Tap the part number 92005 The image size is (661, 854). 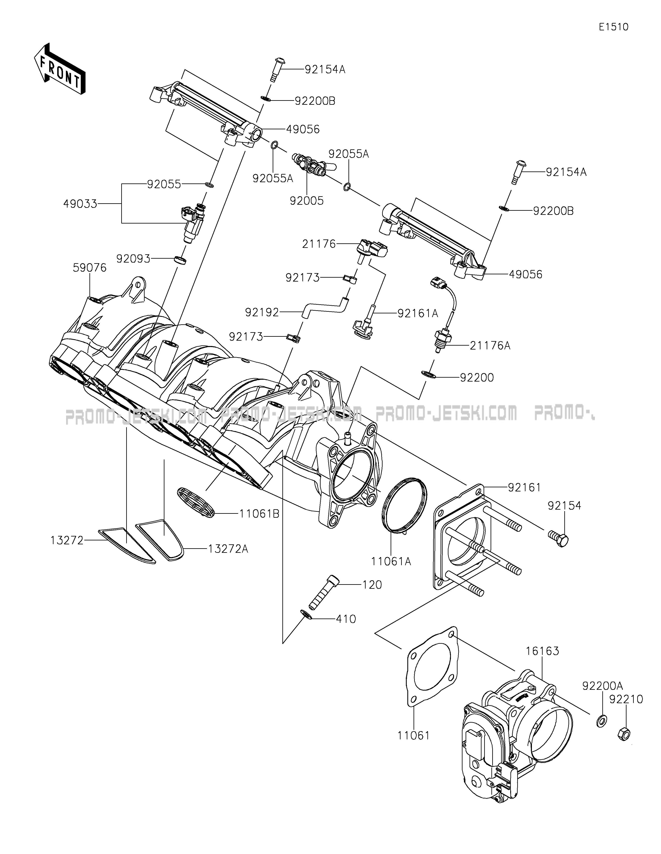coord(307,201)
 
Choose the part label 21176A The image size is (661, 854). coord(490,346)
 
